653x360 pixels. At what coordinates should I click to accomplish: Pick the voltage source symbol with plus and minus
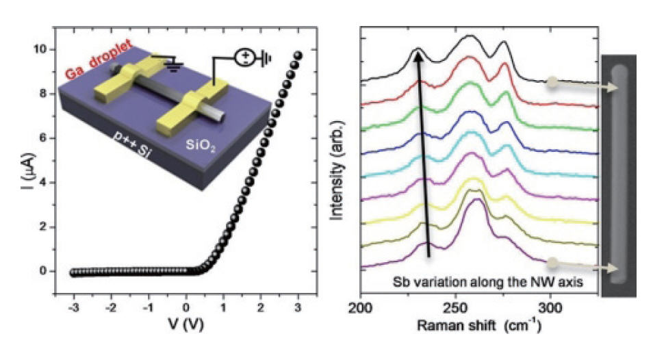pos(244,57)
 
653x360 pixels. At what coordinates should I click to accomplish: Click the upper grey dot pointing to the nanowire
pos(551,83)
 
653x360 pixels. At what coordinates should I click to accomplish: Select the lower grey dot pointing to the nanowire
pos(551,261)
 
